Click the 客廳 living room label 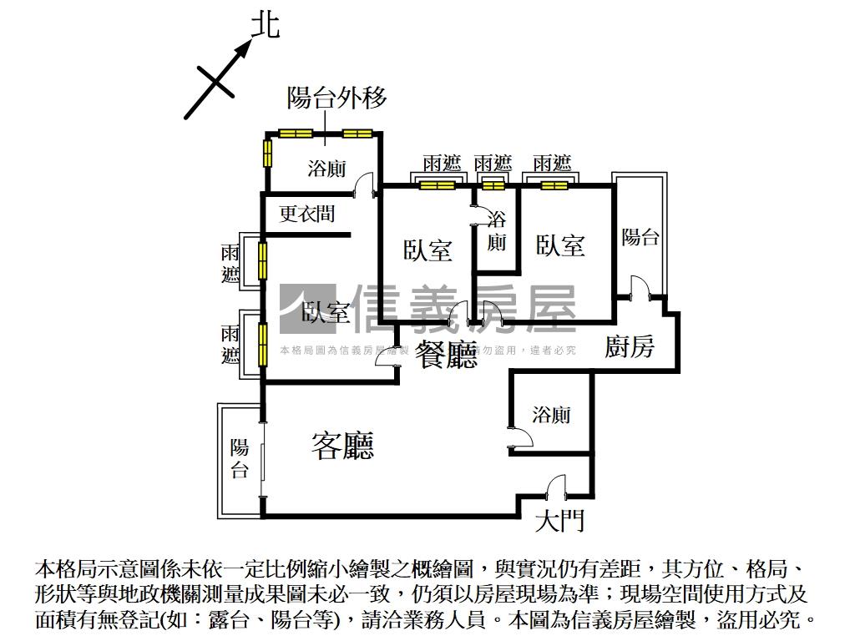coord(342,446)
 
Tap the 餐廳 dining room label coord(446,356)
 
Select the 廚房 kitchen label coord(630,346)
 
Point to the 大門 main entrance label coord(559,522)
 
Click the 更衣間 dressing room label coord(306,215)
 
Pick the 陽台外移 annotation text coord(336,98)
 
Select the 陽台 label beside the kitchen coord(640,237)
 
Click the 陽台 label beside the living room coord(240,458)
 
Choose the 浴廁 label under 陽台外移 coord(326,169)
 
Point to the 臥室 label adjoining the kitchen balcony coord(560,245)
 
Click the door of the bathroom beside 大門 coord(518,438)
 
